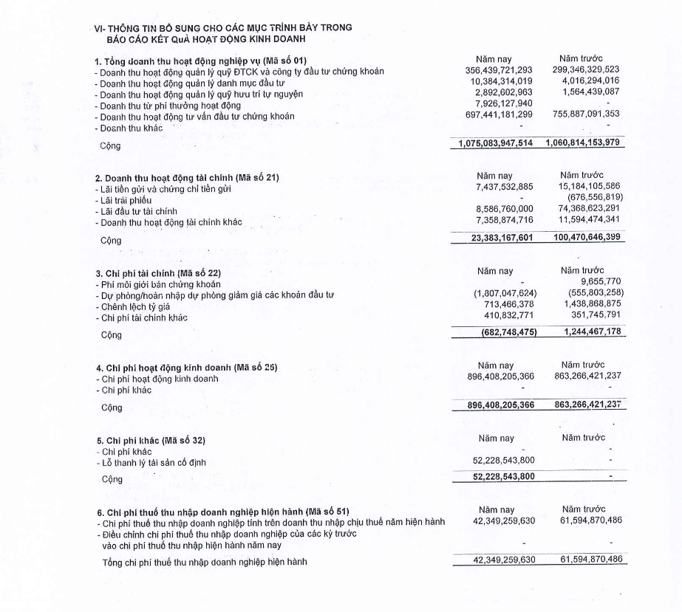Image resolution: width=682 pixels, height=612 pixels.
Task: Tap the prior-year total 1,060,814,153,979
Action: pos(585,143)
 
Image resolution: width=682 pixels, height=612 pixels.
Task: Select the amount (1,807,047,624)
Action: pos(505,294)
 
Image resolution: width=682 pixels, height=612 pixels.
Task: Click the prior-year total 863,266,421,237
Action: pos(587,405)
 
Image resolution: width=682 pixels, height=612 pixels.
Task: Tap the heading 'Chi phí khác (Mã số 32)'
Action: pos(151,441)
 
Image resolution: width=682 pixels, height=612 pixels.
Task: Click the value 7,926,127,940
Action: pos(511,105)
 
